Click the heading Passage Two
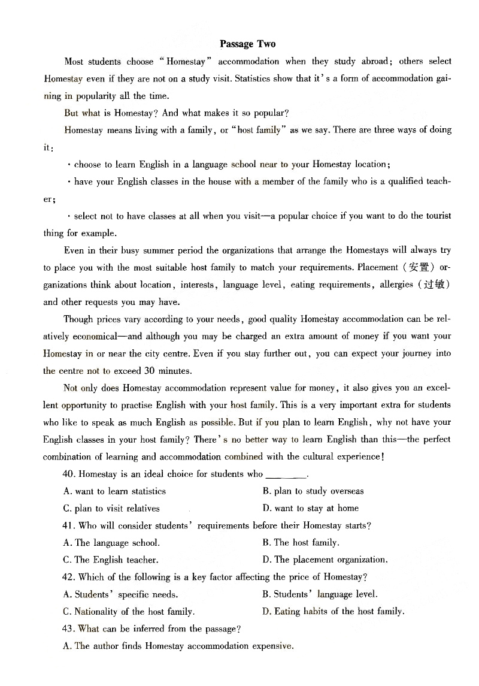tap(247, 44)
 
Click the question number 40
tap(68, 474)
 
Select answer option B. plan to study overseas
tap(313, 491)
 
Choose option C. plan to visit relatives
tap(111, 509)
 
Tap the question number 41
tap(68, 525)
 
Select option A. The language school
tap(111, 543)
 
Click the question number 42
tap(68, 578)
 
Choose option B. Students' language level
tap(320, 595)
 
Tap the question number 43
tap(68, 629)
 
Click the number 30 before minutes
tap(150, 371)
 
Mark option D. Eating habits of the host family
tap(333, 612)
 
